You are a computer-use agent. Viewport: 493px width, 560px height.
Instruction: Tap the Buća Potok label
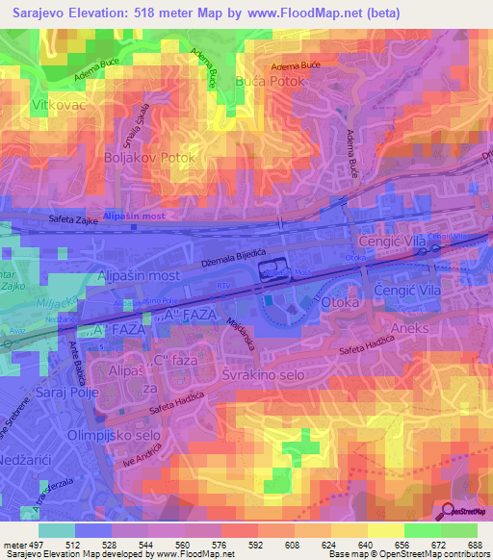tap(269, 82)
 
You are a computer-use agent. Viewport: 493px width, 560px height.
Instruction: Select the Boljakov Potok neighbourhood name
tap(149, 157)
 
